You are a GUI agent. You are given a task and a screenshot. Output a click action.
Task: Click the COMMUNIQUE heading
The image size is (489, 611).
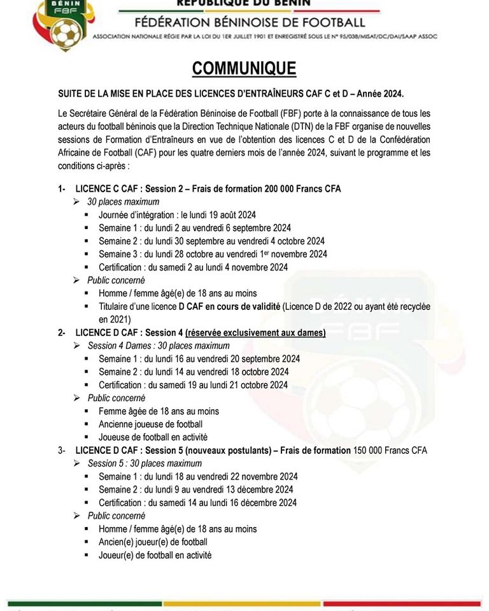(x=244, y=69)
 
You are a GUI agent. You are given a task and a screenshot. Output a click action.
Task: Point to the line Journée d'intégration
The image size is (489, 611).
(x=177, y=215)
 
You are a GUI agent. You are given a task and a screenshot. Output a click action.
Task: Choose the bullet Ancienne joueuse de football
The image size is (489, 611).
(x=150, y=424)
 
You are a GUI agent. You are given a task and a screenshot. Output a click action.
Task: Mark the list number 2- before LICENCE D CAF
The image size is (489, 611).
(x=62, y=333)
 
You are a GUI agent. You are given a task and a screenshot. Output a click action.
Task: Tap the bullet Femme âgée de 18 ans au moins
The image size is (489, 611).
(x=159, y=411)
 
